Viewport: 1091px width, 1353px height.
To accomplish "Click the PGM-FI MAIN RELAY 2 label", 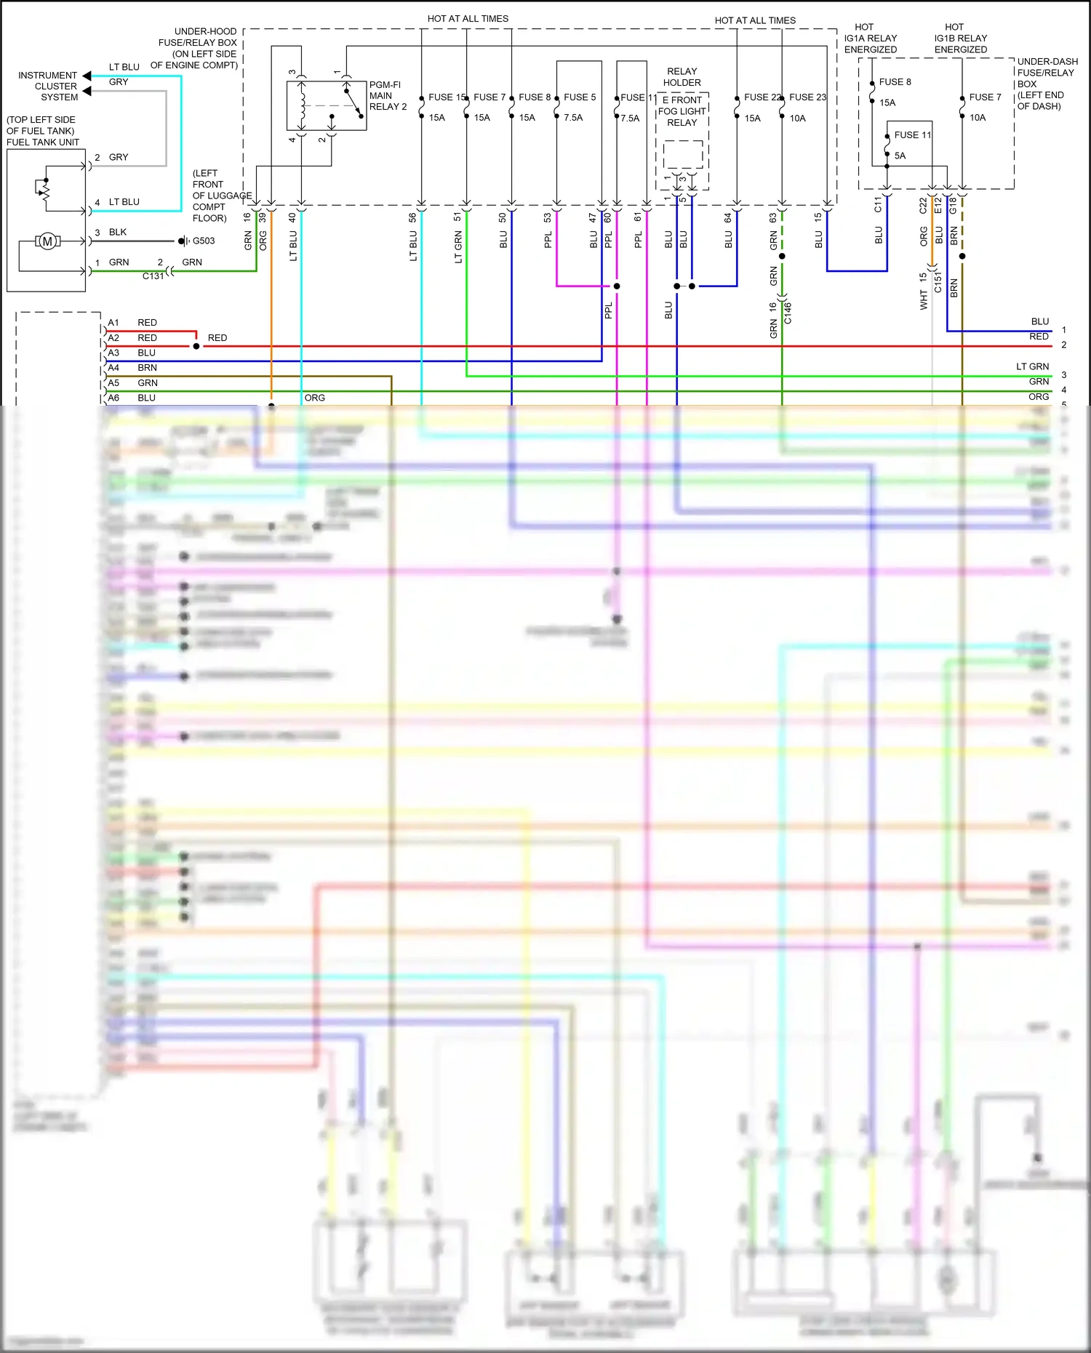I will click(x=387, y=95).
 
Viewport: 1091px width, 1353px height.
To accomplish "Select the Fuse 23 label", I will click(x=807, y=97).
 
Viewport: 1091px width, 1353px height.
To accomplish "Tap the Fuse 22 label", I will click(x=761, y=97).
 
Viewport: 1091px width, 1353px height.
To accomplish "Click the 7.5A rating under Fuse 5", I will click(x=572, y=117).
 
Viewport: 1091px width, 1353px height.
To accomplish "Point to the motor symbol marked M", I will click(x=48, y=241).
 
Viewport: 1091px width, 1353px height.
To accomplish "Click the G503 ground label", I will click(x=204, y=241).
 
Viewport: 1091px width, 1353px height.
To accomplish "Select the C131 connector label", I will click(x=153, y=276).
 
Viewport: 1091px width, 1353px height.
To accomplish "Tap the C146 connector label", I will click(x=788, y=313).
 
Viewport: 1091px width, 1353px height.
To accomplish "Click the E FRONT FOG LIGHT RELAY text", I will click(x=682, y=111).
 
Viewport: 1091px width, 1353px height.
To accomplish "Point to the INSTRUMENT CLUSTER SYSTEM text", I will click(x=48, y=86).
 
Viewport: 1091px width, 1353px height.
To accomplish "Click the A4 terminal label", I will click(x=113, y=368).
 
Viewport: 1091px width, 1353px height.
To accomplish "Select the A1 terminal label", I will click(x=113, y=322).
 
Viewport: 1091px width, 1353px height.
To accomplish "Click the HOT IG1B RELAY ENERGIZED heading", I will click(x=960, y=38).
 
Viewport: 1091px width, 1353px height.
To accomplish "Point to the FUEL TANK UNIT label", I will click(x=43, y=142).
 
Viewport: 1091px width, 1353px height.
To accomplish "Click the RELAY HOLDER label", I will click(x=682, y=77).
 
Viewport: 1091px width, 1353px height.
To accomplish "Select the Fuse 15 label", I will click(x=446, y=97).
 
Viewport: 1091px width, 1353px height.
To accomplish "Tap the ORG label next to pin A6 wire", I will click(x=314, y=398).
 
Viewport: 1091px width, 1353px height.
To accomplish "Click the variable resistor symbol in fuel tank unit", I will click(x=43, y=190).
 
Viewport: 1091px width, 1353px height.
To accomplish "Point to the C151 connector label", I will click(x=938, y=282).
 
